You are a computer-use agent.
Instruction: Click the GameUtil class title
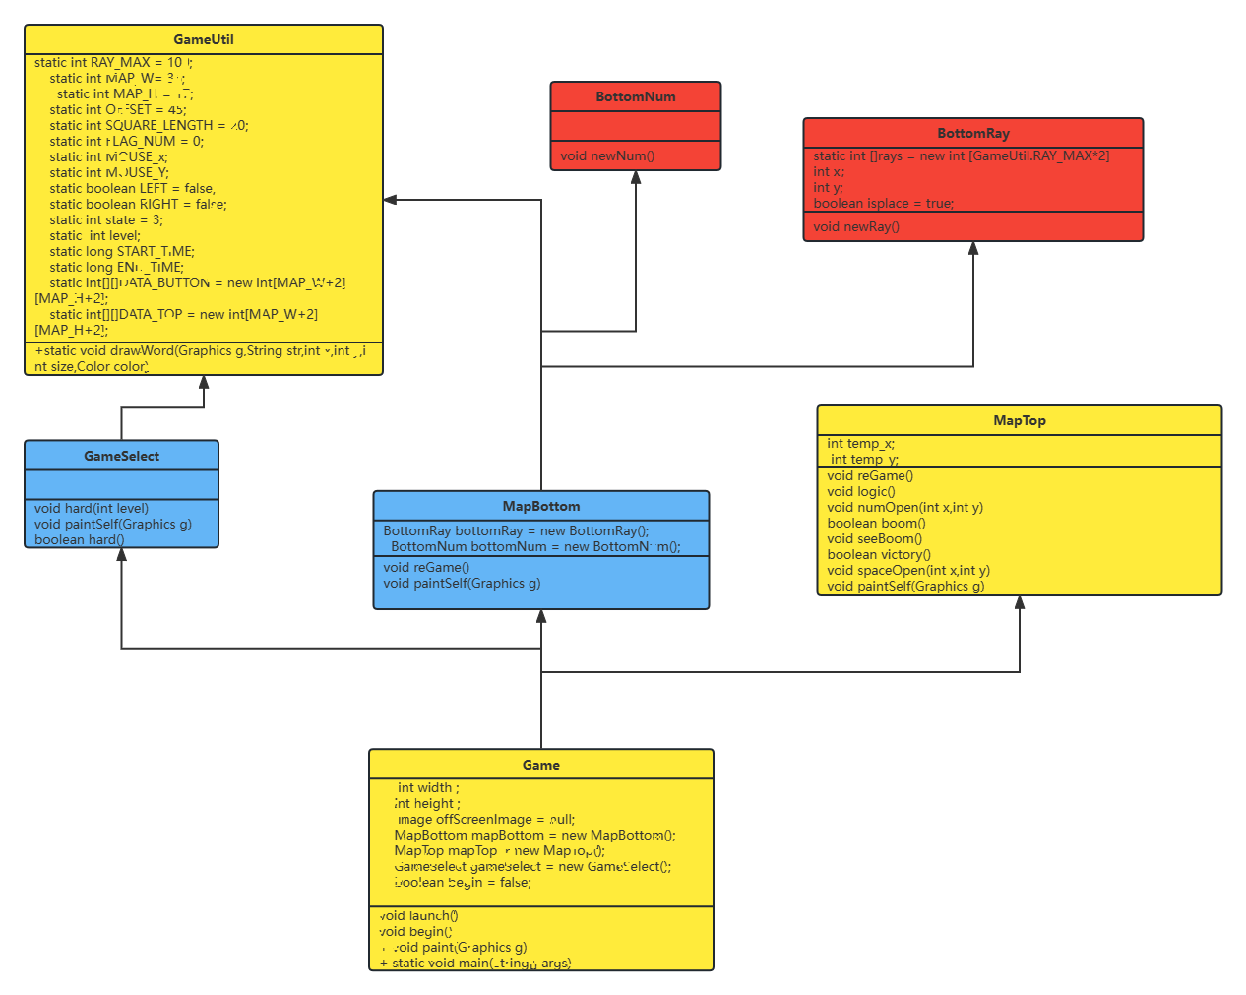[x=204, y=40]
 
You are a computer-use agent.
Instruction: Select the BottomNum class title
[x=636, y=97]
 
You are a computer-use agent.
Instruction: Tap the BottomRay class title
[x=973, y=134]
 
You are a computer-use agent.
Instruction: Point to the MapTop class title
[x=1020, y=421]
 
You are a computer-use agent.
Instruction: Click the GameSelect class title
[x=121, y=457]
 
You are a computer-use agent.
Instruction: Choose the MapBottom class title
[x=541, y=507]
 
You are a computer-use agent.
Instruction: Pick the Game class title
[x=541, y=766]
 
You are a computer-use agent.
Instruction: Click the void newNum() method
[x=607, y=156]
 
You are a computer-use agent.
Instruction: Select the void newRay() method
[x=856, y=227]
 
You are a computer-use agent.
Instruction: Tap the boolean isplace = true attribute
[x=883, y=204]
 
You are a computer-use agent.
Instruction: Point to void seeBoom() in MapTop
[x=875, y=539]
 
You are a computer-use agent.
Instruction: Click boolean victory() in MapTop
[x=879, y=555]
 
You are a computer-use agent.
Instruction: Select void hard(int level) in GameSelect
[x=92, y=509]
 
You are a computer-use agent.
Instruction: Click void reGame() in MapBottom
[x=426, y=568]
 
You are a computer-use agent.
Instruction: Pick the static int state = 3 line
[x=106, y=220]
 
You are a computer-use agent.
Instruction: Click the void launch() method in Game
[x=419, y=916]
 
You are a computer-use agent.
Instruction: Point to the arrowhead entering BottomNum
[x=636, y=178]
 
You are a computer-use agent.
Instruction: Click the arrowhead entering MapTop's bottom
[x=1020, y=602]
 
